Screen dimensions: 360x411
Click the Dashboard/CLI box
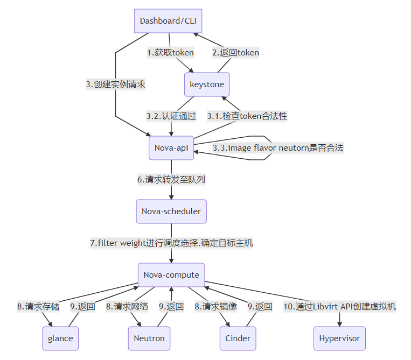click(168, 21)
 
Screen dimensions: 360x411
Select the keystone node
click(207, 84)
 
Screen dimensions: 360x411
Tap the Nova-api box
click(171, 148)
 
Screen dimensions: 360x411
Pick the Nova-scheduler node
click(171, 211)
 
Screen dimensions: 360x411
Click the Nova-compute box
click(171, 275)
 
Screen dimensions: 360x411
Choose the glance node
click(60, 338)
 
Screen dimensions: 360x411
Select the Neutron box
click(150, 338)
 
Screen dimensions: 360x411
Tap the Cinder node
click(238, 338)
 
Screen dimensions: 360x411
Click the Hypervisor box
click(339, 338)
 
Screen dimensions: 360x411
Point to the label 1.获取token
click(171, 53)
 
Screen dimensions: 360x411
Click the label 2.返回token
click(235, 53)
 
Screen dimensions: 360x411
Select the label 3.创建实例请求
click(116, 84)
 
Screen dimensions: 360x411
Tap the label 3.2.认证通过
click(171, 116)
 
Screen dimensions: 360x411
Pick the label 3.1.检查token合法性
click(247, 116)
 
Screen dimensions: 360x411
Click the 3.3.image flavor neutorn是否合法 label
click(277, 148)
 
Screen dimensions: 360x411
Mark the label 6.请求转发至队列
click(171, 180)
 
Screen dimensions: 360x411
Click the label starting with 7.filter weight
click(171, 243)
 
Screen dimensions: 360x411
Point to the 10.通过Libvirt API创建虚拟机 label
click(339, 307)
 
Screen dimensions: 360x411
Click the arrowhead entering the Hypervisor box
click(339, 323)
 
